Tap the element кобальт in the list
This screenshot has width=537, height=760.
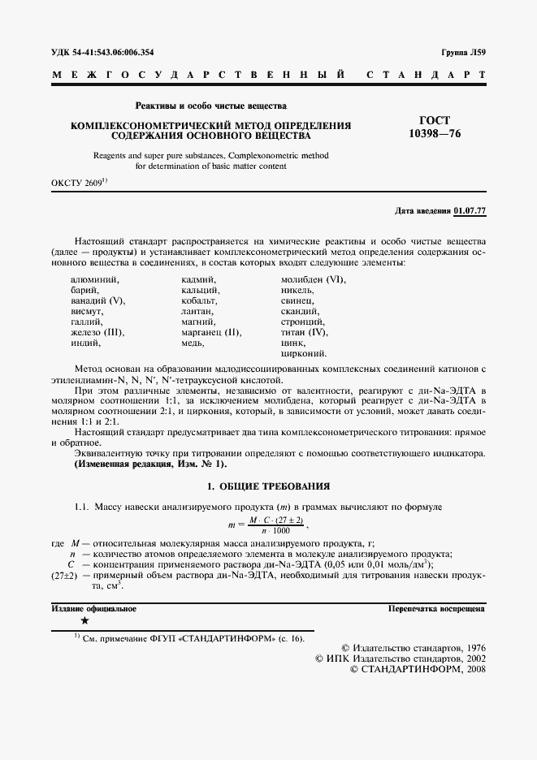coord(200,301)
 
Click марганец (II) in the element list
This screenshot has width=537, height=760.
coord(211,333)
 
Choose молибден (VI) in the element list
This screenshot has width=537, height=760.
coord(313,280)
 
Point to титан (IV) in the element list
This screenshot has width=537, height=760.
coord(304,333)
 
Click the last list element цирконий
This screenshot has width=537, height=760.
coord(304,354)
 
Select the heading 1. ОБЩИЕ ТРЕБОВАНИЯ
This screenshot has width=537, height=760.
coord(267,486)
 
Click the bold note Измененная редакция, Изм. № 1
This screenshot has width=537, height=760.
coord(150,464)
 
